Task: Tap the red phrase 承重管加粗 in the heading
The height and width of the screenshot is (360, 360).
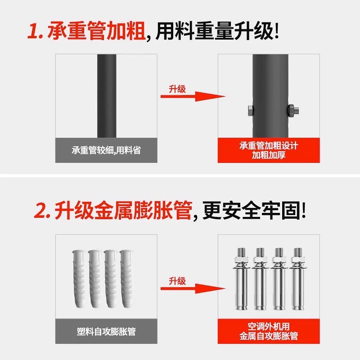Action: tap(99, 31)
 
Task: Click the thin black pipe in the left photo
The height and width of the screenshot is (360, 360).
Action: tap(107, 94)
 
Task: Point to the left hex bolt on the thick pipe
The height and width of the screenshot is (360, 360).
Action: tap(249, 109)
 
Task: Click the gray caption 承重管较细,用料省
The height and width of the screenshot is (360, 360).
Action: tap(106, 150)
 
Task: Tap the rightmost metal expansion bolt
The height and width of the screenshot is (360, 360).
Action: tap(297, 279)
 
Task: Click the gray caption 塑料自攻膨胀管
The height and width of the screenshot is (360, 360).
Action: tap(106, 332)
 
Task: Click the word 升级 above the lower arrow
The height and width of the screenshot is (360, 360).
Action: tap(177, 281)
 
